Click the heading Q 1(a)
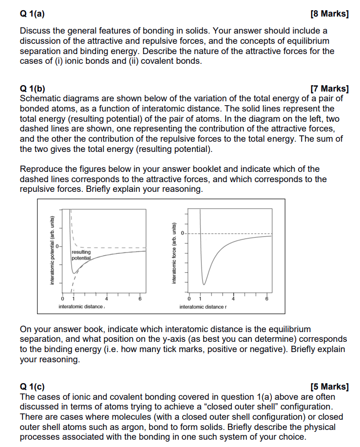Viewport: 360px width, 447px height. click(x=32, y=14)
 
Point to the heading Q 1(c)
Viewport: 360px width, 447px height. click(x=32, y=387)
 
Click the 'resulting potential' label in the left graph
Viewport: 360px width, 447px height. click(x=81, y=255)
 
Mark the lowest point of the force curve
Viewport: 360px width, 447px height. click(x=204, y=284)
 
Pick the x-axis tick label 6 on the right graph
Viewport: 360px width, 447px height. click(x=266, y=298)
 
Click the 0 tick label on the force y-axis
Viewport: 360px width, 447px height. click(x=183, y=233)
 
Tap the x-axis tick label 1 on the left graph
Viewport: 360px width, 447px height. click(x=73, y=298)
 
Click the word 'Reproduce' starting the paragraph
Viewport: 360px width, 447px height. click(x=40, y=169)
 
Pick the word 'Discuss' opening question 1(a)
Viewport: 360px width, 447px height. click(x=35, y=31)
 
